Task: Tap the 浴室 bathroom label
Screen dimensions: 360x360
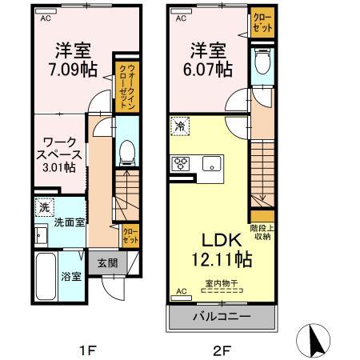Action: pyautogui.click(x=71, y=277)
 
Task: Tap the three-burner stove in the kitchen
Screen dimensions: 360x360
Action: pyautogui.click(x=180, y=165)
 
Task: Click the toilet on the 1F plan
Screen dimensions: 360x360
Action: pyautogui.click(x=126, y=152)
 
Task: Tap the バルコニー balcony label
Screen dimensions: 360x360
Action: pyautogui.click(x=222, y=318)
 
